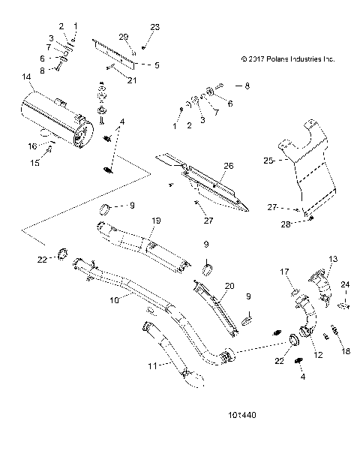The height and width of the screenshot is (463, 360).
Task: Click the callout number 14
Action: tap(27, 77)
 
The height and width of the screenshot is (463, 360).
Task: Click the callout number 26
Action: tap(229, 166)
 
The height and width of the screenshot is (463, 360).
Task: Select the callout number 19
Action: tap(157, 221)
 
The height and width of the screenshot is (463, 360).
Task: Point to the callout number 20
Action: tap(230, 287)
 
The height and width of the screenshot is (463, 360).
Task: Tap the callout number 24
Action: tap(346, 284)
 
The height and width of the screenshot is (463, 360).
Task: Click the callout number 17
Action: tap(286, 272)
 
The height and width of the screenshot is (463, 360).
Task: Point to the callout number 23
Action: tap(155, 27)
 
